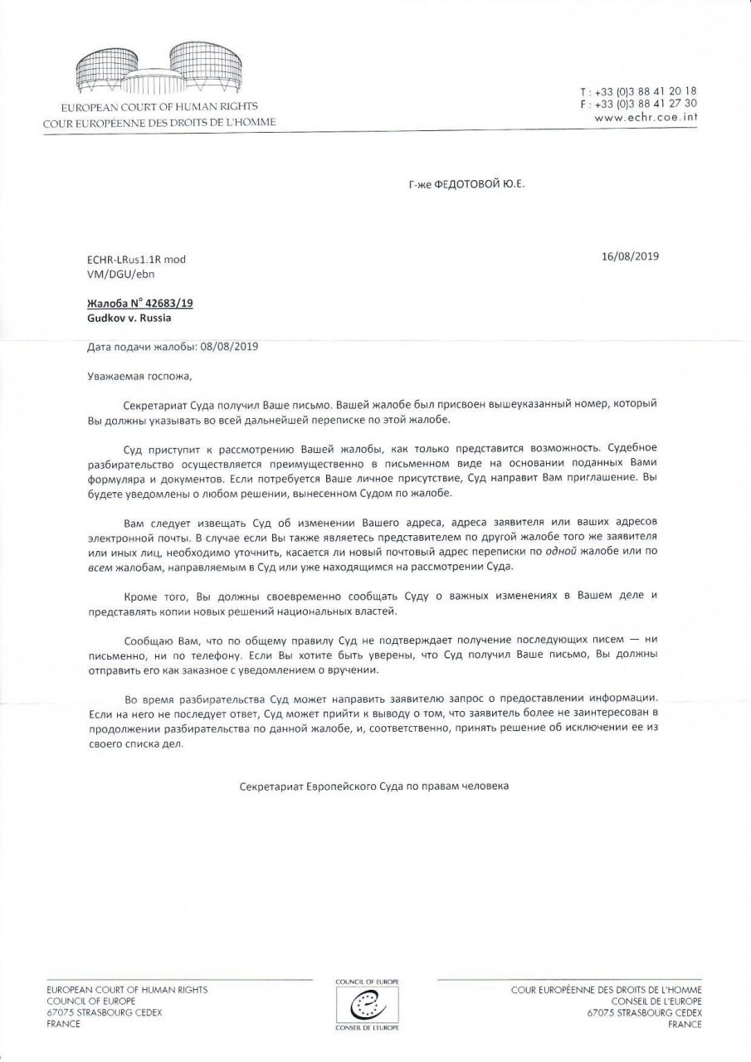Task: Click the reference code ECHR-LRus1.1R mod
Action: click(x=136, y=260)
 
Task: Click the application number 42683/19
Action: click(x=169, y=304)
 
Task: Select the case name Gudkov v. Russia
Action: click(x=129, y=317)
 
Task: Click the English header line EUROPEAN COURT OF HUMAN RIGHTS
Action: click(x=159, y=107)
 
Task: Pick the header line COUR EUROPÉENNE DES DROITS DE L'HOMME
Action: click(x=159, y=122)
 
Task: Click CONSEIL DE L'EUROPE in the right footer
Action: click(x=651, y=1001)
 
